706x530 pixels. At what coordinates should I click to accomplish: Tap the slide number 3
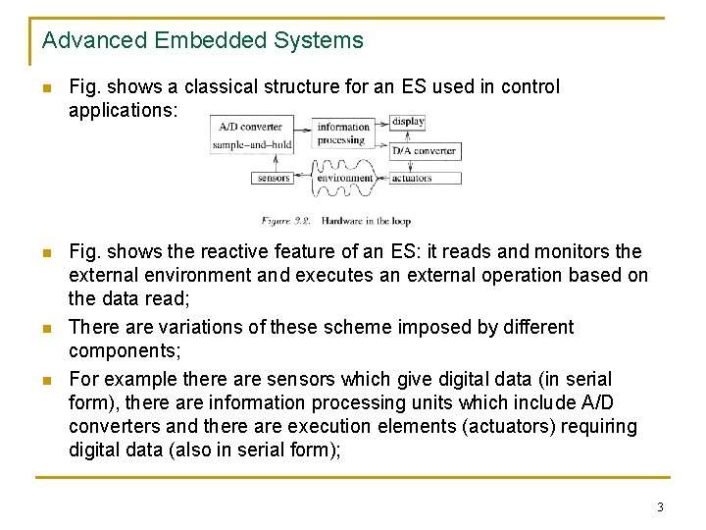pyautogui.click(x=660, y=507)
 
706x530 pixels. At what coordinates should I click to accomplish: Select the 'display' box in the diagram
pyautogui.click(x=407, y=123)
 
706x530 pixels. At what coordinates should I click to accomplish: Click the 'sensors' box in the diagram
pyautogui.click(x=273, y=179)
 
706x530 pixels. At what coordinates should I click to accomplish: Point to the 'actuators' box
pyautogui.click(x=411, y=179)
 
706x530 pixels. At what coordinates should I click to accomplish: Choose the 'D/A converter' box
pyautogui.click(x=424, y=151)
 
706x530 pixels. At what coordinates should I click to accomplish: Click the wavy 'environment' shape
pyautogui.click(x=344, y=179)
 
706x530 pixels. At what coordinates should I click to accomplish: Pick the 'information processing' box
pyautogui.click(x=343, y=132)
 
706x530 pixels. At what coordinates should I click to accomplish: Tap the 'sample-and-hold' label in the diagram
pyautogui.click(x=252, y=145)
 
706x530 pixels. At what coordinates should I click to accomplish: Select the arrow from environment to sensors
pyautogui.click(x=304, y=179)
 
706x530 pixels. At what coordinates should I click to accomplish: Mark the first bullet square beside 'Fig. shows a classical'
pyautogui.click(x=46, y=87)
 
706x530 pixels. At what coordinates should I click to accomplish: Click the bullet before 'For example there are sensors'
pyautogui.click(x=46, y=379)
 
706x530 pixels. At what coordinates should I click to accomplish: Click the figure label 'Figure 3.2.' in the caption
pyautogui.click(x=287, y=222)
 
